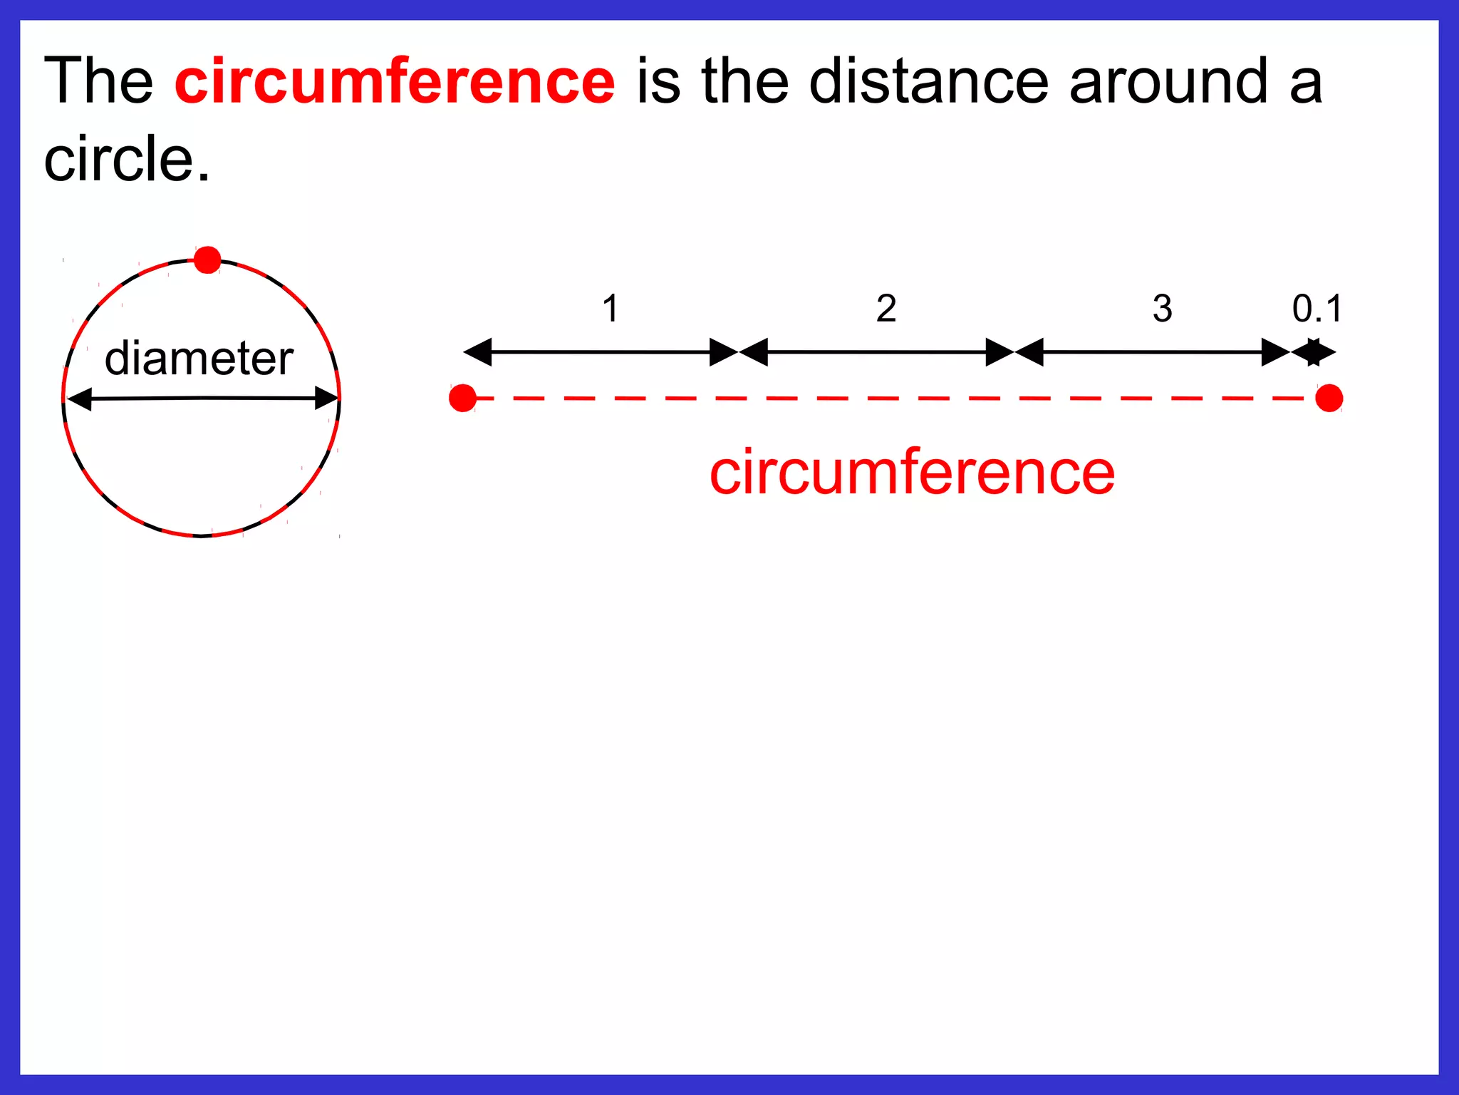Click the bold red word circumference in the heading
(395, 81)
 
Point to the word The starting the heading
(98, 81)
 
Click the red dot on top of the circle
(207, 259)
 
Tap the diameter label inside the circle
(199, 358)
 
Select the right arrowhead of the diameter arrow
(326, 399)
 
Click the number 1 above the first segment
(611, 309)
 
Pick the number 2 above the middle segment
(886, 309)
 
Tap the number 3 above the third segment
(1162, 309)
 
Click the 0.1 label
(1317, 309)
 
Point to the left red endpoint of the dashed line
(463, 398)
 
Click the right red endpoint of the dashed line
(1329, 398)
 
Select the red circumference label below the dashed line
(912, 472)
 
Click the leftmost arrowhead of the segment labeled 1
(477, 352)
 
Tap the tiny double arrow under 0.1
(1313, 352)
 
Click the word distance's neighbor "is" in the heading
(659, 81)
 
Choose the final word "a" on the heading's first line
(1305, 83)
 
